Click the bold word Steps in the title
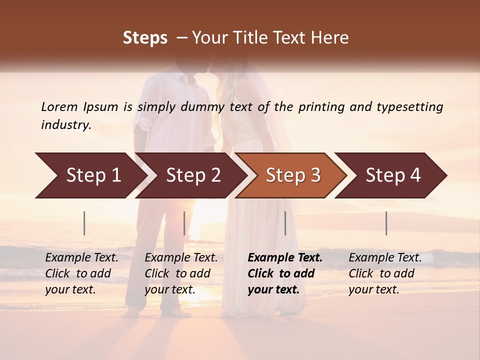pyautogui.click(x=145, y=37)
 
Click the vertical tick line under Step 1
pyautogui.click(x=84, y=223)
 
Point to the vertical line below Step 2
pyautogui.click(x=184, y=223)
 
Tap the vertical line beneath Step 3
pyautogui.click(x=285, y=223)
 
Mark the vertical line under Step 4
pyautogui.click(x=386, y=223)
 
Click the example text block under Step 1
pyautogui.click(x=81, y=273)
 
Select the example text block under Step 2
pyautogui.click(x=181, y=273)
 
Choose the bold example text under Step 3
pyautogui.click(x=284, y=273)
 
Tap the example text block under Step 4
pyautogui.click(x=385, y=273)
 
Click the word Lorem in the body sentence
pyautogui.click(x=59, y=106)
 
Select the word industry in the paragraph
pyautogui.click(x=65, y=124)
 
